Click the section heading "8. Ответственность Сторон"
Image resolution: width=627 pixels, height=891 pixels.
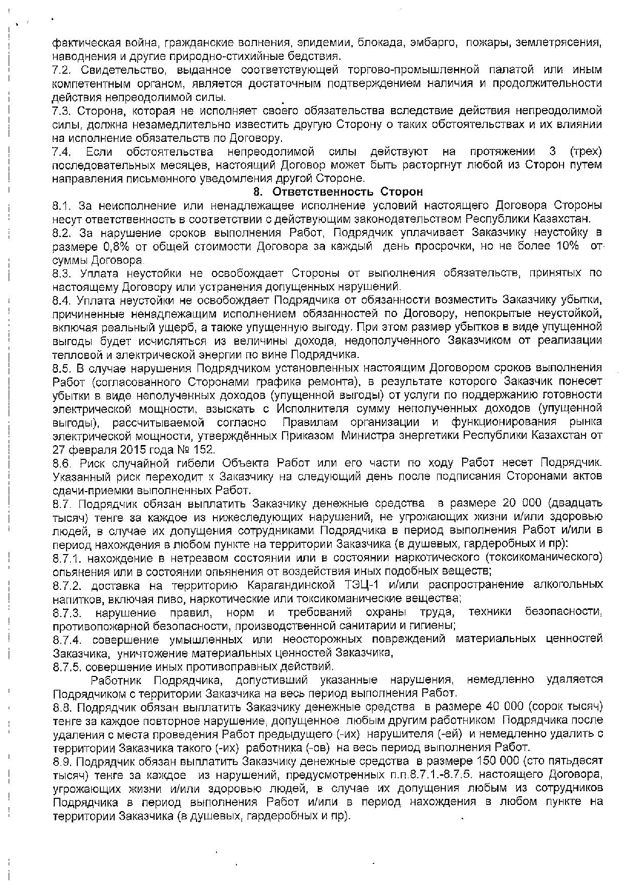[338, 192]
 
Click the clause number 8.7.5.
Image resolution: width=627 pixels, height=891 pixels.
[67, 667]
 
